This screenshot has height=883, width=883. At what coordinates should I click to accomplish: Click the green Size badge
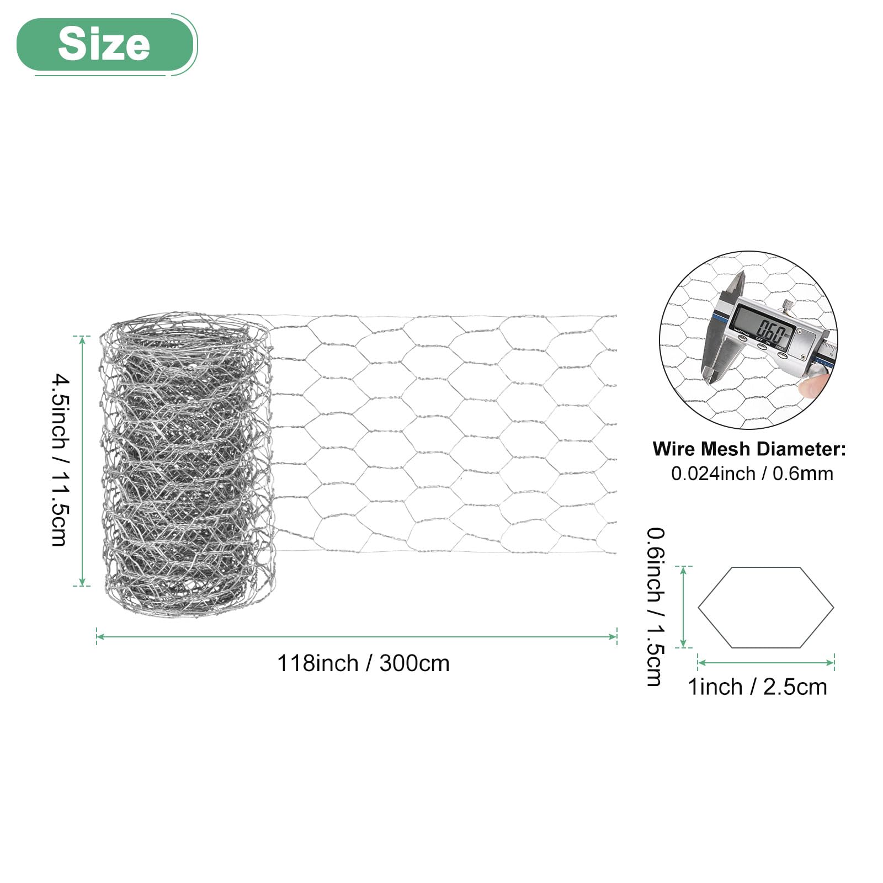click(105, 44)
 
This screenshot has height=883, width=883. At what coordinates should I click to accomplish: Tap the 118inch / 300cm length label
click(363, 663)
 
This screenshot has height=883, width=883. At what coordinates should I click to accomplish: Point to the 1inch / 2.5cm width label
click(757, 687)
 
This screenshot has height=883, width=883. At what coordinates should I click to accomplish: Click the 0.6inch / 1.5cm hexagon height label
click(656, 607)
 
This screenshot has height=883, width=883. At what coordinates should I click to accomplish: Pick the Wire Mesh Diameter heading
click(749, 449)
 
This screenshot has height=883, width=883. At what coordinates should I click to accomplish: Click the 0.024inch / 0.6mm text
click(752, 474)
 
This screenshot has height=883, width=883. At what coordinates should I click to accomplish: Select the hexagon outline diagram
click(766, 607)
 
